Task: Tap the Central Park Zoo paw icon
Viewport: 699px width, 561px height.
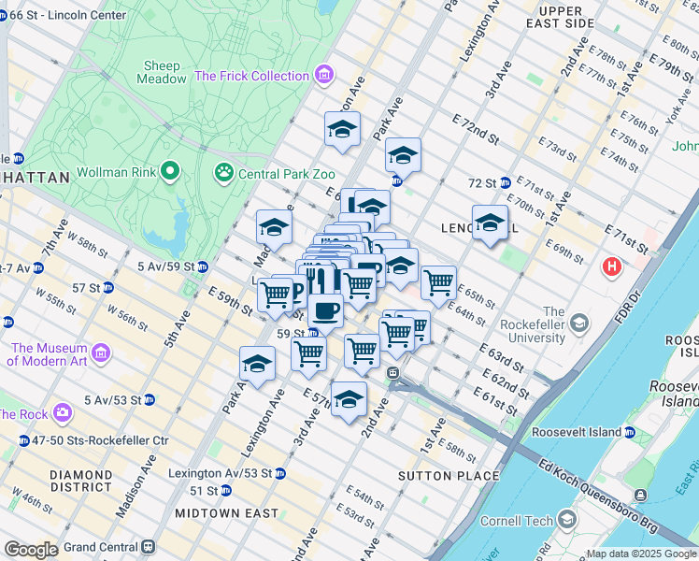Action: point(223,172)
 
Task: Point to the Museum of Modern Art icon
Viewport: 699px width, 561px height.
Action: point(101,353)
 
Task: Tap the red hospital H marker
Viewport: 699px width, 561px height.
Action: point(612,267)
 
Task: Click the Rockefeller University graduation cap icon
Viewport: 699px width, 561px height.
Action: point(579,324)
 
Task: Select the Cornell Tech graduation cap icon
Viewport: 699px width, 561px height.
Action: point(566,520)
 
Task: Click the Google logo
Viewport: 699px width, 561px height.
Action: point(31,550)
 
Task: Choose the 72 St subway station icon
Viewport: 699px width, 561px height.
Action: point(504,182)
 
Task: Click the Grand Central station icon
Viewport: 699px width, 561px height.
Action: point(148,547)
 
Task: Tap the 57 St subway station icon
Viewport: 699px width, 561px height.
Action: point(108,287)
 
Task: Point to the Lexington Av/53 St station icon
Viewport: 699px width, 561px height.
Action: point(280,473)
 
